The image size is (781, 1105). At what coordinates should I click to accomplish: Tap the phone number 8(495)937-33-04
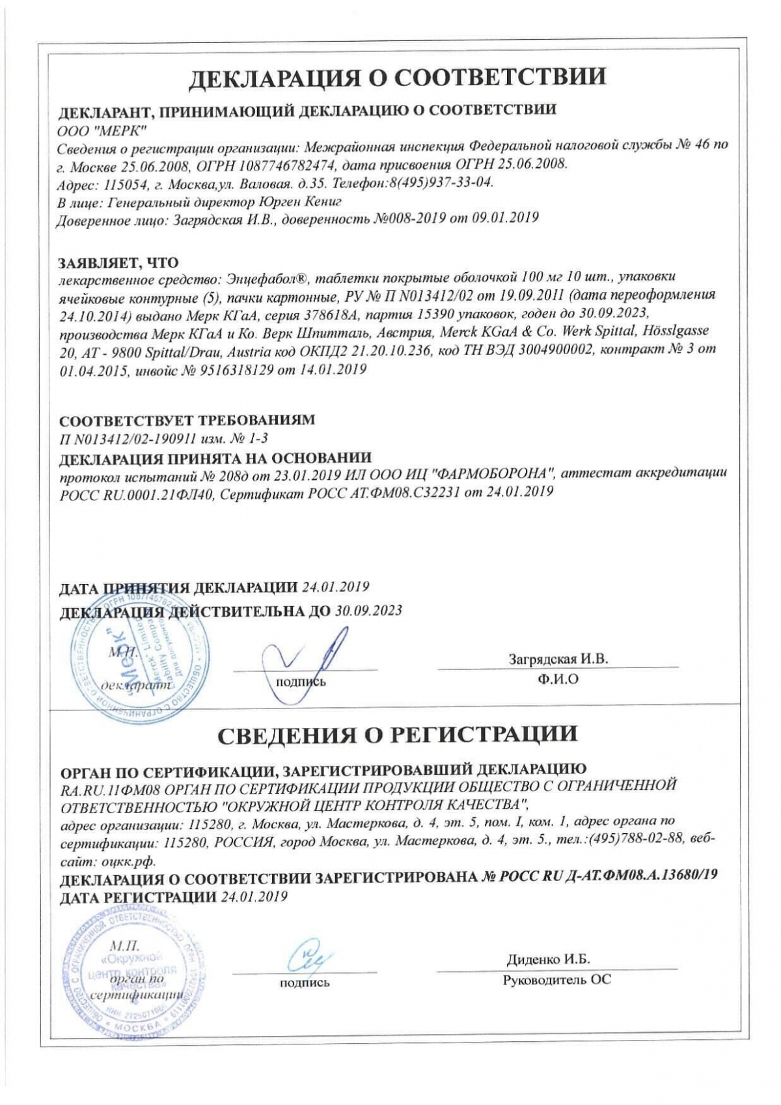[x=441, y=182]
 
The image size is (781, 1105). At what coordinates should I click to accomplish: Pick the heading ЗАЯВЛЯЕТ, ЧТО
[x=118, y=262]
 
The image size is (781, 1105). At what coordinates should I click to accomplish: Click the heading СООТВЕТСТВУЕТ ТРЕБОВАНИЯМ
[x=187, y=420]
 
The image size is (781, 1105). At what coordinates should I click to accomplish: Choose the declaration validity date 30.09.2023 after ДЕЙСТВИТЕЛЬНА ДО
[x=369, y=611]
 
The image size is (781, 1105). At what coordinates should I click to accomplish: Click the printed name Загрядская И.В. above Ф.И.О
[x=558, y=658]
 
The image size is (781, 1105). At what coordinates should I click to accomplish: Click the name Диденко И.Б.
[x=548, y=959]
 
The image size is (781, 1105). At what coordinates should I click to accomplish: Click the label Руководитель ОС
[x=556, y=979]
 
